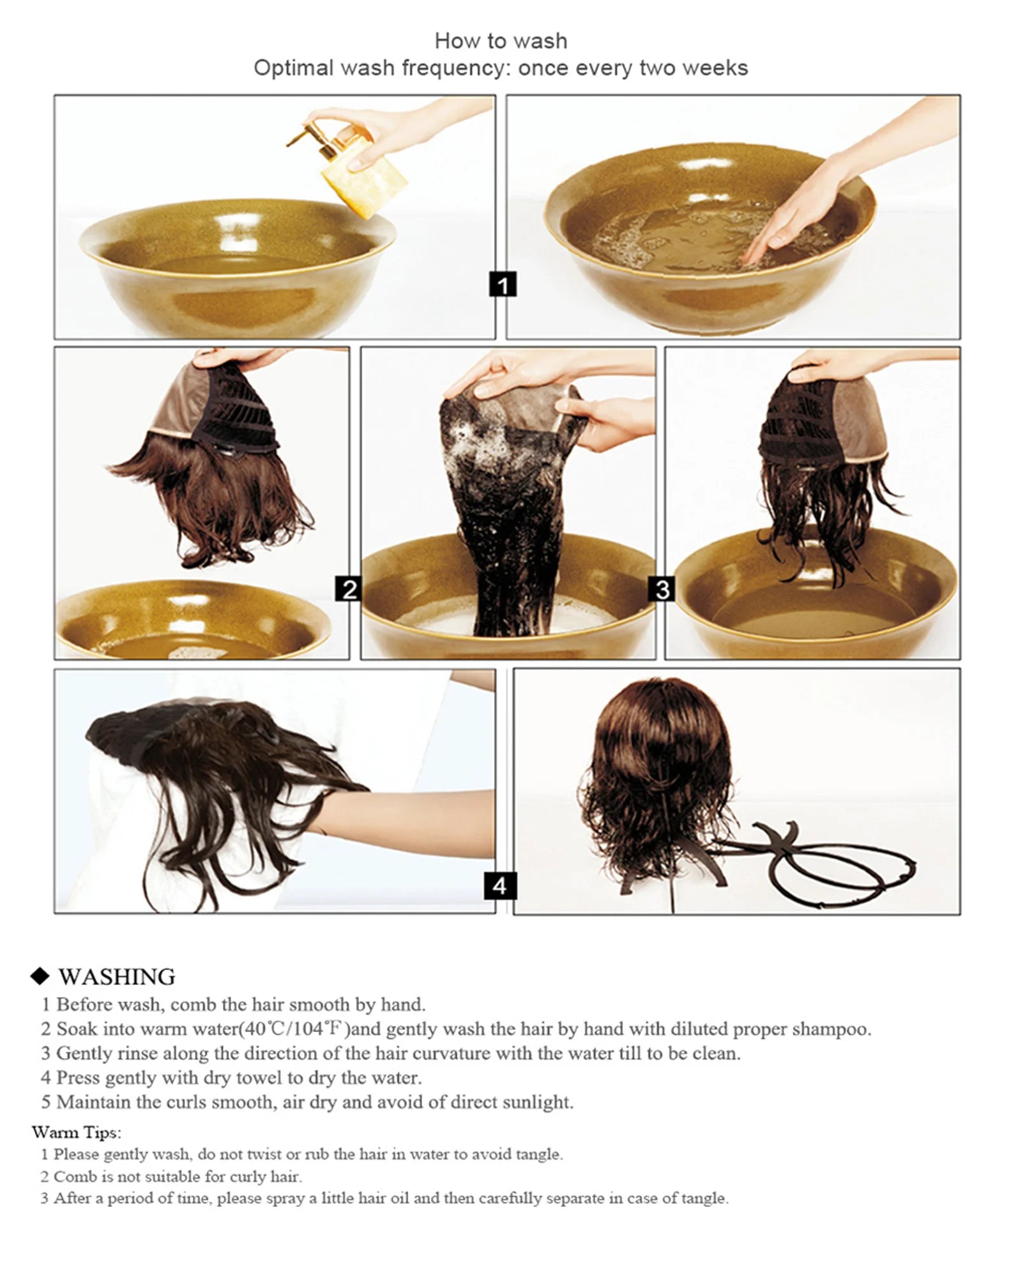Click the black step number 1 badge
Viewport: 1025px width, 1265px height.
(503, 285)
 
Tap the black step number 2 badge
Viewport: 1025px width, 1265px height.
(349, 588)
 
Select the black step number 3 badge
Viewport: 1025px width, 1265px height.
(662, 588)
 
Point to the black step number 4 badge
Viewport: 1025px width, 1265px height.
(499, 885)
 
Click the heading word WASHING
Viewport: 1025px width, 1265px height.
(117, 977)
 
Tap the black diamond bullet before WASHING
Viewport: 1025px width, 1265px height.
(40, 977)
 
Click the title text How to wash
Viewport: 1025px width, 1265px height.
(501, 41)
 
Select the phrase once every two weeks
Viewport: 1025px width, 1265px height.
(632, 68)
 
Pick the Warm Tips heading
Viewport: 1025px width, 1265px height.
(76, 1132)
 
